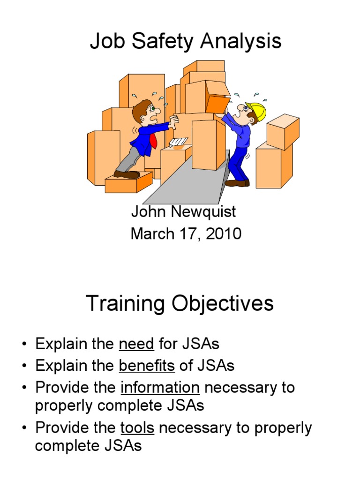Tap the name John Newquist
183,212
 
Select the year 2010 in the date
223,233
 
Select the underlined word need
136,344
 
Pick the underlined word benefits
147,366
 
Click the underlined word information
160,388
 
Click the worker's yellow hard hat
257,112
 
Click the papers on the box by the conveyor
179,142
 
